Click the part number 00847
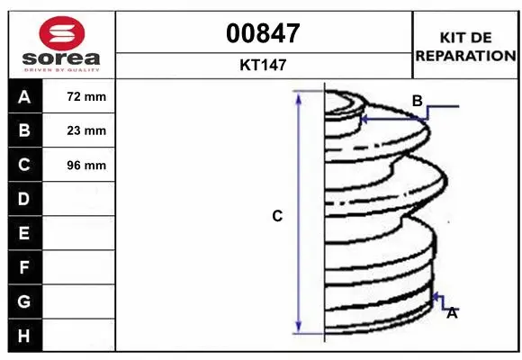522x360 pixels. pos(264,33)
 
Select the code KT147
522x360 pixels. pos(264,65)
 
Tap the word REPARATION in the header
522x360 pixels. pos(465,55)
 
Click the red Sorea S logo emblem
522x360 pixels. pos(59,36)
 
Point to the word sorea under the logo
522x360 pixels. pos(59,59)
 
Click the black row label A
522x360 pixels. pos(23,96)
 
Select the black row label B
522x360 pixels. pos(23,130)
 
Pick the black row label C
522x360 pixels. pos(23,165)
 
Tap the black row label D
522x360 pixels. pos(23,199)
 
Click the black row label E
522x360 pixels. pos(23,233)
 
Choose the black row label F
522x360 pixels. pos(23,267)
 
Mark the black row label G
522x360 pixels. pos(23,301)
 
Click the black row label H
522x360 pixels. pos(23,336)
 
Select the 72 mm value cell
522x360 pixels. pos(86,96)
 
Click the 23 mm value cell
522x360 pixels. pos(86,130)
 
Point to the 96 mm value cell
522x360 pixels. pos(86,165)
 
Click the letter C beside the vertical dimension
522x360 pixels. pos(278,216)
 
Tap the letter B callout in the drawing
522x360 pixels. pos(417,102)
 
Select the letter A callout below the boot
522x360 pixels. pos(452,313)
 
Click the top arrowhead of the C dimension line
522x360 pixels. pos(299,96)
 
